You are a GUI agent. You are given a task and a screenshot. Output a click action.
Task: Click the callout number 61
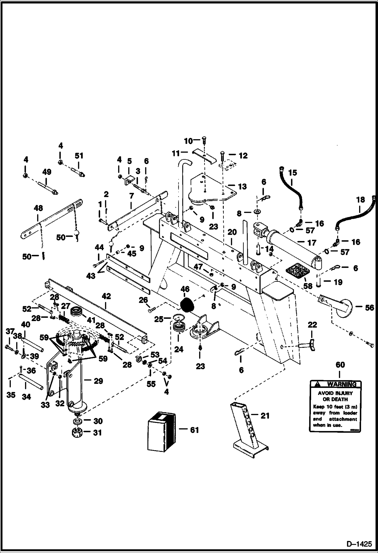(x=194, y=430)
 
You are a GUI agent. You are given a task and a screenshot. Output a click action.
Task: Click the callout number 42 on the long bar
(x=106, y=296)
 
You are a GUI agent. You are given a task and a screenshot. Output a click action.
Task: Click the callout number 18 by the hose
(x=361, y=200)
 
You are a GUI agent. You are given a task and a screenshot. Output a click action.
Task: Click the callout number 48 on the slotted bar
(x=38, y=208)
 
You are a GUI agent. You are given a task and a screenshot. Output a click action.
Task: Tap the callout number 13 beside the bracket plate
(x=242, y=187)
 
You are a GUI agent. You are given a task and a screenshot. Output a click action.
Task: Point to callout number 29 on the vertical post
(x=98, y=381)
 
